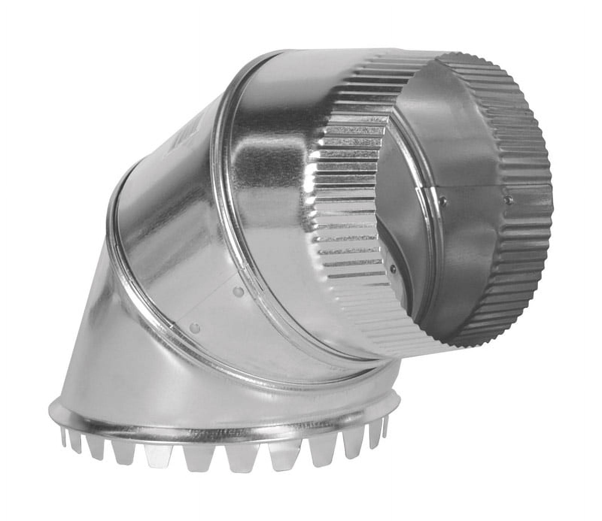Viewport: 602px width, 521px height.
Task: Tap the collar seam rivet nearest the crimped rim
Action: coord(509,198)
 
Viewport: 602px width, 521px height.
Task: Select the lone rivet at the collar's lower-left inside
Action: coord(393,268)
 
